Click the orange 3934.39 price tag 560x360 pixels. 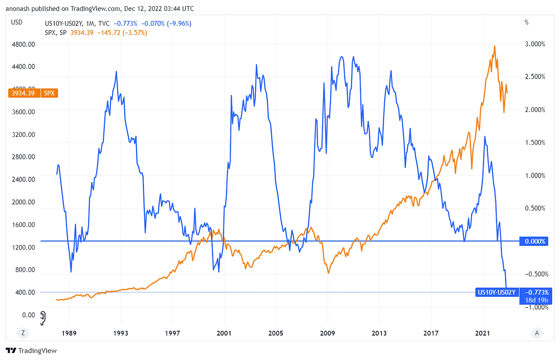[24, 93]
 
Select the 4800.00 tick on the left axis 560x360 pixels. [23, 44]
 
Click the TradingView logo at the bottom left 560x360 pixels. [31, 350]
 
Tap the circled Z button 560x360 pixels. [23, 333]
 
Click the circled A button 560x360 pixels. [536, 333]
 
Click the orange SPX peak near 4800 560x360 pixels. [494, 45]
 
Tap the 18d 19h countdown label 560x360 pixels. [535, 300]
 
